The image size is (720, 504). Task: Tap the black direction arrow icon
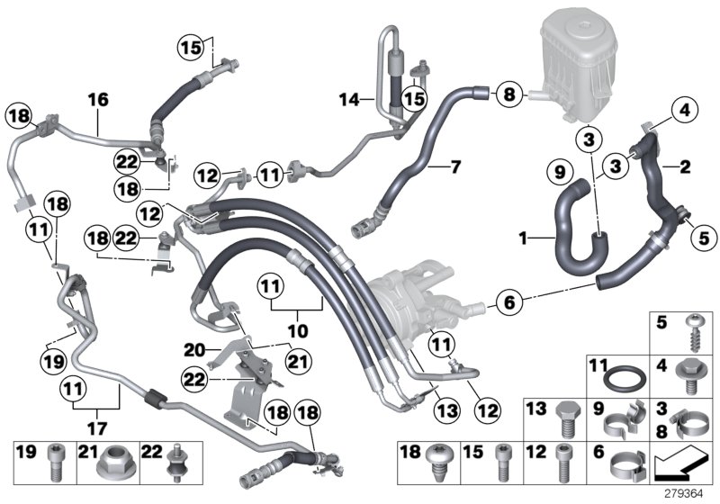(x=680, y=464)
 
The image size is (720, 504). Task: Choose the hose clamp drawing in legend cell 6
(x=628, y=463)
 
